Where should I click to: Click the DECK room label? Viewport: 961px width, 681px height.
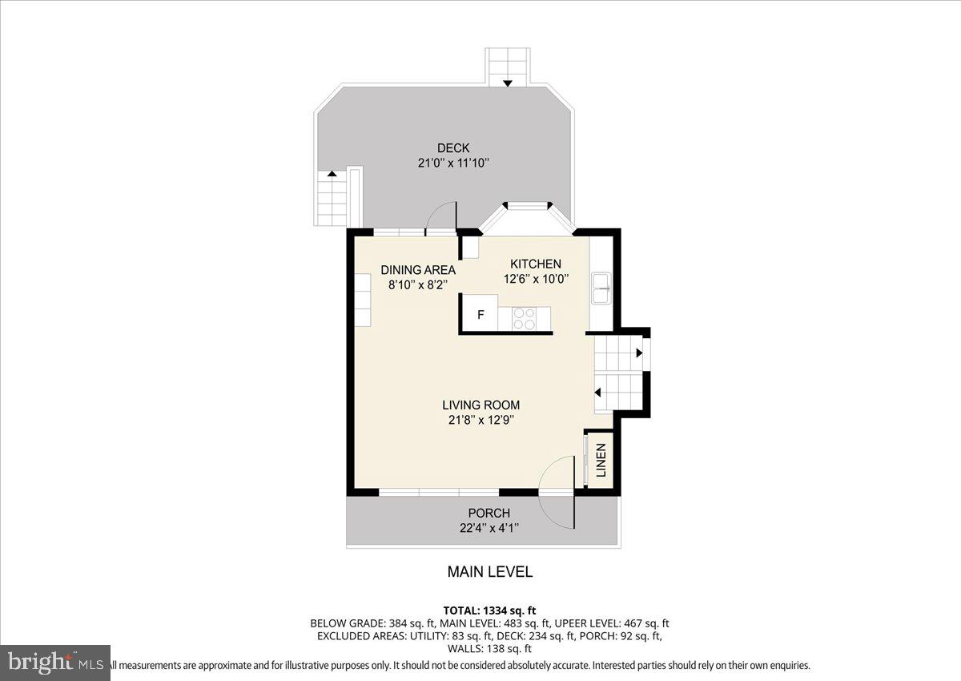(453, 148)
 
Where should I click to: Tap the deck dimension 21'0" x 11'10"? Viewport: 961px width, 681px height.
(453, 163)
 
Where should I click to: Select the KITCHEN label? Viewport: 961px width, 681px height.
(536, 264)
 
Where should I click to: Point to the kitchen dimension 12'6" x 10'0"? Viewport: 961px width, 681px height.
(536, 279)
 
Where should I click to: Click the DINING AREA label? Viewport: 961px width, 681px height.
(418, 270)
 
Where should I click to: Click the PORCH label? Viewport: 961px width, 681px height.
(489, 514)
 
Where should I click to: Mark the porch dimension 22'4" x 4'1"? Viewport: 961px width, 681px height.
(489, 527)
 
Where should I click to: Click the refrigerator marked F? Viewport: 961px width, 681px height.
(480, 315)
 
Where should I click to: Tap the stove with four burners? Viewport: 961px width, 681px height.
(525, 318)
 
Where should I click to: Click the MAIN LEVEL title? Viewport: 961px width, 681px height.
(489, 572)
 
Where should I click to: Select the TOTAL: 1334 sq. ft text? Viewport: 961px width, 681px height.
(489, 610)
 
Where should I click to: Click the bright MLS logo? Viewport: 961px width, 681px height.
(55, 663)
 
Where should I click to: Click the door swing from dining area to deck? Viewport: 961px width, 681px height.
(440, 216)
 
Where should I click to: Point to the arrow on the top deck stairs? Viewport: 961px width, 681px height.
(508, 82)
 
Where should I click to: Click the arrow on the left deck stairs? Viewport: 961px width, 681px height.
(332, 173)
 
